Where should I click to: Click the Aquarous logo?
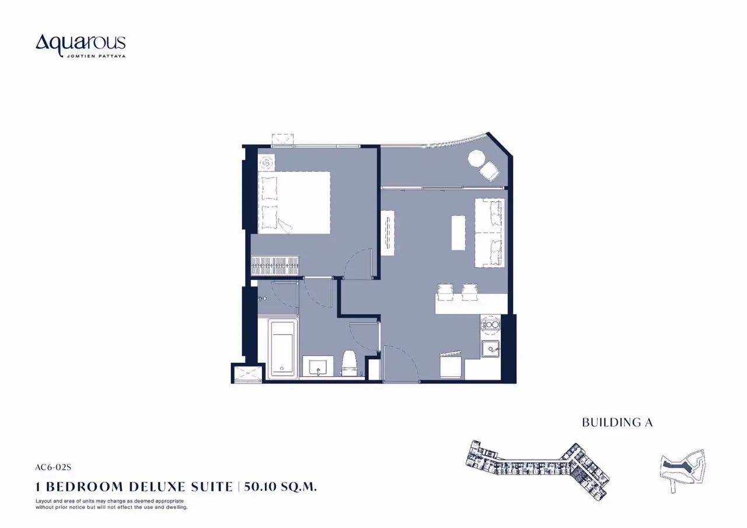point(81,46)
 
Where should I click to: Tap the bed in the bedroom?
point(294,202)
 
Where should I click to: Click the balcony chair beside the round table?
point(490,172)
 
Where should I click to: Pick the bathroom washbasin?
point(318,366)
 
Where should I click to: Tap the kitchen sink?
point(490,349)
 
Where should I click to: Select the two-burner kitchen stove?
point(490,324)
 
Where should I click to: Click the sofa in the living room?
point(489,233)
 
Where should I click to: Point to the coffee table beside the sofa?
point(458,233)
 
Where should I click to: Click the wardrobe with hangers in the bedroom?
point(275,265)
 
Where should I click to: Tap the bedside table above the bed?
point(267,163)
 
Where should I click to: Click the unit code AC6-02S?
point(53,467)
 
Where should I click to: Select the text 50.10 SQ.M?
point(280,487)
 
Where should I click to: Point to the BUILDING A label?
point(617,422)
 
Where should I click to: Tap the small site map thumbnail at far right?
point(683,470)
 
